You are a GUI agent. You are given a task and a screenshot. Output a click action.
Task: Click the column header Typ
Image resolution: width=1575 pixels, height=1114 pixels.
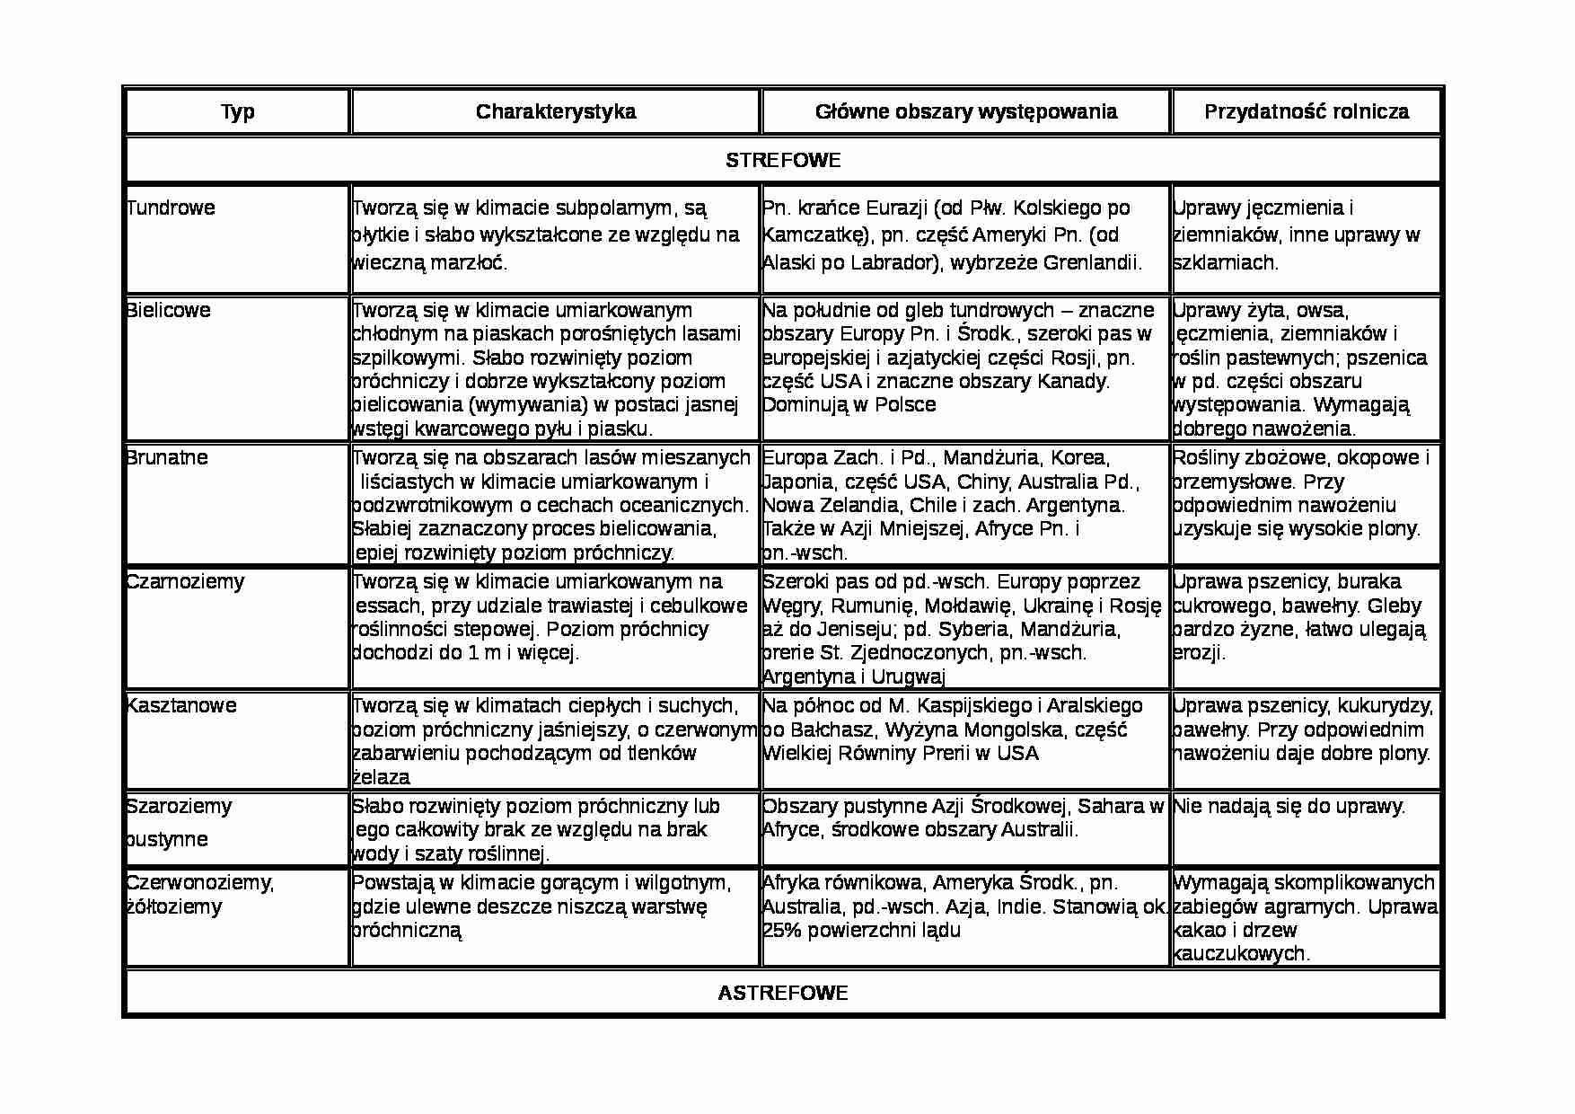click(x=238, y=111)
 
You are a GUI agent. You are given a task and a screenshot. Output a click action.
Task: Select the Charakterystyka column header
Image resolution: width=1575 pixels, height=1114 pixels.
click(x=555, y=111)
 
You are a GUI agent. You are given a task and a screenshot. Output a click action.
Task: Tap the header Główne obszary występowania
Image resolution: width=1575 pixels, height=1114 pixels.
click(x=965, y=111)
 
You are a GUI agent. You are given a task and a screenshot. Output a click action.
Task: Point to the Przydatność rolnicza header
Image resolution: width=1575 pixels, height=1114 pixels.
click(x=1306, y=111)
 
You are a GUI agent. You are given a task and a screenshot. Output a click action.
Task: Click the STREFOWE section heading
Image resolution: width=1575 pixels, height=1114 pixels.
click(x=783, y=160)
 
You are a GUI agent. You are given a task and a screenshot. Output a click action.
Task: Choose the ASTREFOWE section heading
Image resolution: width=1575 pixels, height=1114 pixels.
click(x=783, y=993)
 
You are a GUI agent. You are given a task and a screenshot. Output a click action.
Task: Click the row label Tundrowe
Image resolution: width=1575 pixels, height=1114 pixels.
click(x=172, y=208)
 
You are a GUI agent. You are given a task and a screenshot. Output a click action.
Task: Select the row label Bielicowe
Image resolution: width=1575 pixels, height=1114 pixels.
click(x=169, y=310)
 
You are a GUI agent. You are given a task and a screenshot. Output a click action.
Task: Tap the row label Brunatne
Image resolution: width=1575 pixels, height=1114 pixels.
click(x=168, y=457)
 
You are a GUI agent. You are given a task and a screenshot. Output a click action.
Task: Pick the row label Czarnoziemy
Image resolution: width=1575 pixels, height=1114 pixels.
click(x=185, y=581)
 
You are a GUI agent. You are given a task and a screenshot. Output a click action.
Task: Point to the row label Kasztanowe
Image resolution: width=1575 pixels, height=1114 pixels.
click(x=181, y=705)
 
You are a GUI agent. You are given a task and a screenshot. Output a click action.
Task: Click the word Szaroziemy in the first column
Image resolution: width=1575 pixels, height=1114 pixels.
click(x=179, y=806)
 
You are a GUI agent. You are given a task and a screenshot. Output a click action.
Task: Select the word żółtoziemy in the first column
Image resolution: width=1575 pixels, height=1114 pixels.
click(x=174, y=906)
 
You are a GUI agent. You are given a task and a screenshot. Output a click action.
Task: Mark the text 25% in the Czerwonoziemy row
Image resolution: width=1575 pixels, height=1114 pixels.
click(x=781, y=930)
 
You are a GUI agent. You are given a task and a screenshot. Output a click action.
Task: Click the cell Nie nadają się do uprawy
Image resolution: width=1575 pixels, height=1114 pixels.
click(x=1289, y=806)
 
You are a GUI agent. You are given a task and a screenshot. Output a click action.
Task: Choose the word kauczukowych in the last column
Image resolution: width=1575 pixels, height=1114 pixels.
click(x=1242, y=953)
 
